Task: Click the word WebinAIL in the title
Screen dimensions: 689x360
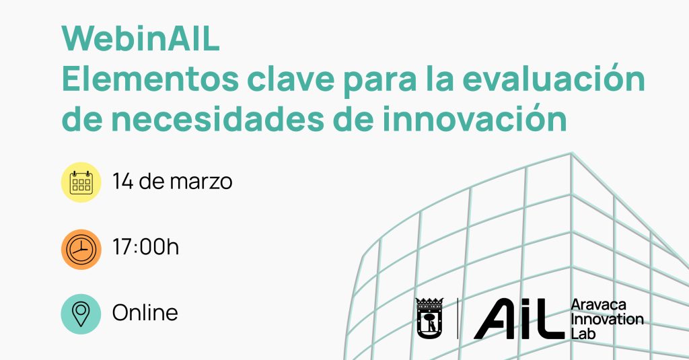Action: click(x=140, y=39)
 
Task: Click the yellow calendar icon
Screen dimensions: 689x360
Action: click(x=81, y=182)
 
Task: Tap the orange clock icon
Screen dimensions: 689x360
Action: click(x=81, y=249)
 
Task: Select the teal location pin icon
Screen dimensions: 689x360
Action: click(x=81, y=314)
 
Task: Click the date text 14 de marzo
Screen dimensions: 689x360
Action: click(x=172, y=181)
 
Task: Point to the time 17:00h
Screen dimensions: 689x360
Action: click(x=145, y=246)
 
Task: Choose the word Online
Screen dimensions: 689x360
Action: click(x=145, y=312)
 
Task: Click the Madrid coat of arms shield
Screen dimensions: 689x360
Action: click(x=429, y=319)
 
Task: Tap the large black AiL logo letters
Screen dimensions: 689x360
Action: click(x=519, y=319)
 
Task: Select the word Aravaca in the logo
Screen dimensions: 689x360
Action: click(x=598, y=305)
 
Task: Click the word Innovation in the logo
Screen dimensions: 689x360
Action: click(x=608, y=319)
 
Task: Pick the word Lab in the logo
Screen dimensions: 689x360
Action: click(x=583, y=333)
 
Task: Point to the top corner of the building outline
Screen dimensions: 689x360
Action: click(x=571, y=153)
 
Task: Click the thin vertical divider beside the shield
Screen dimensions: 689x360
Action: click(x=458, y=319)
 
